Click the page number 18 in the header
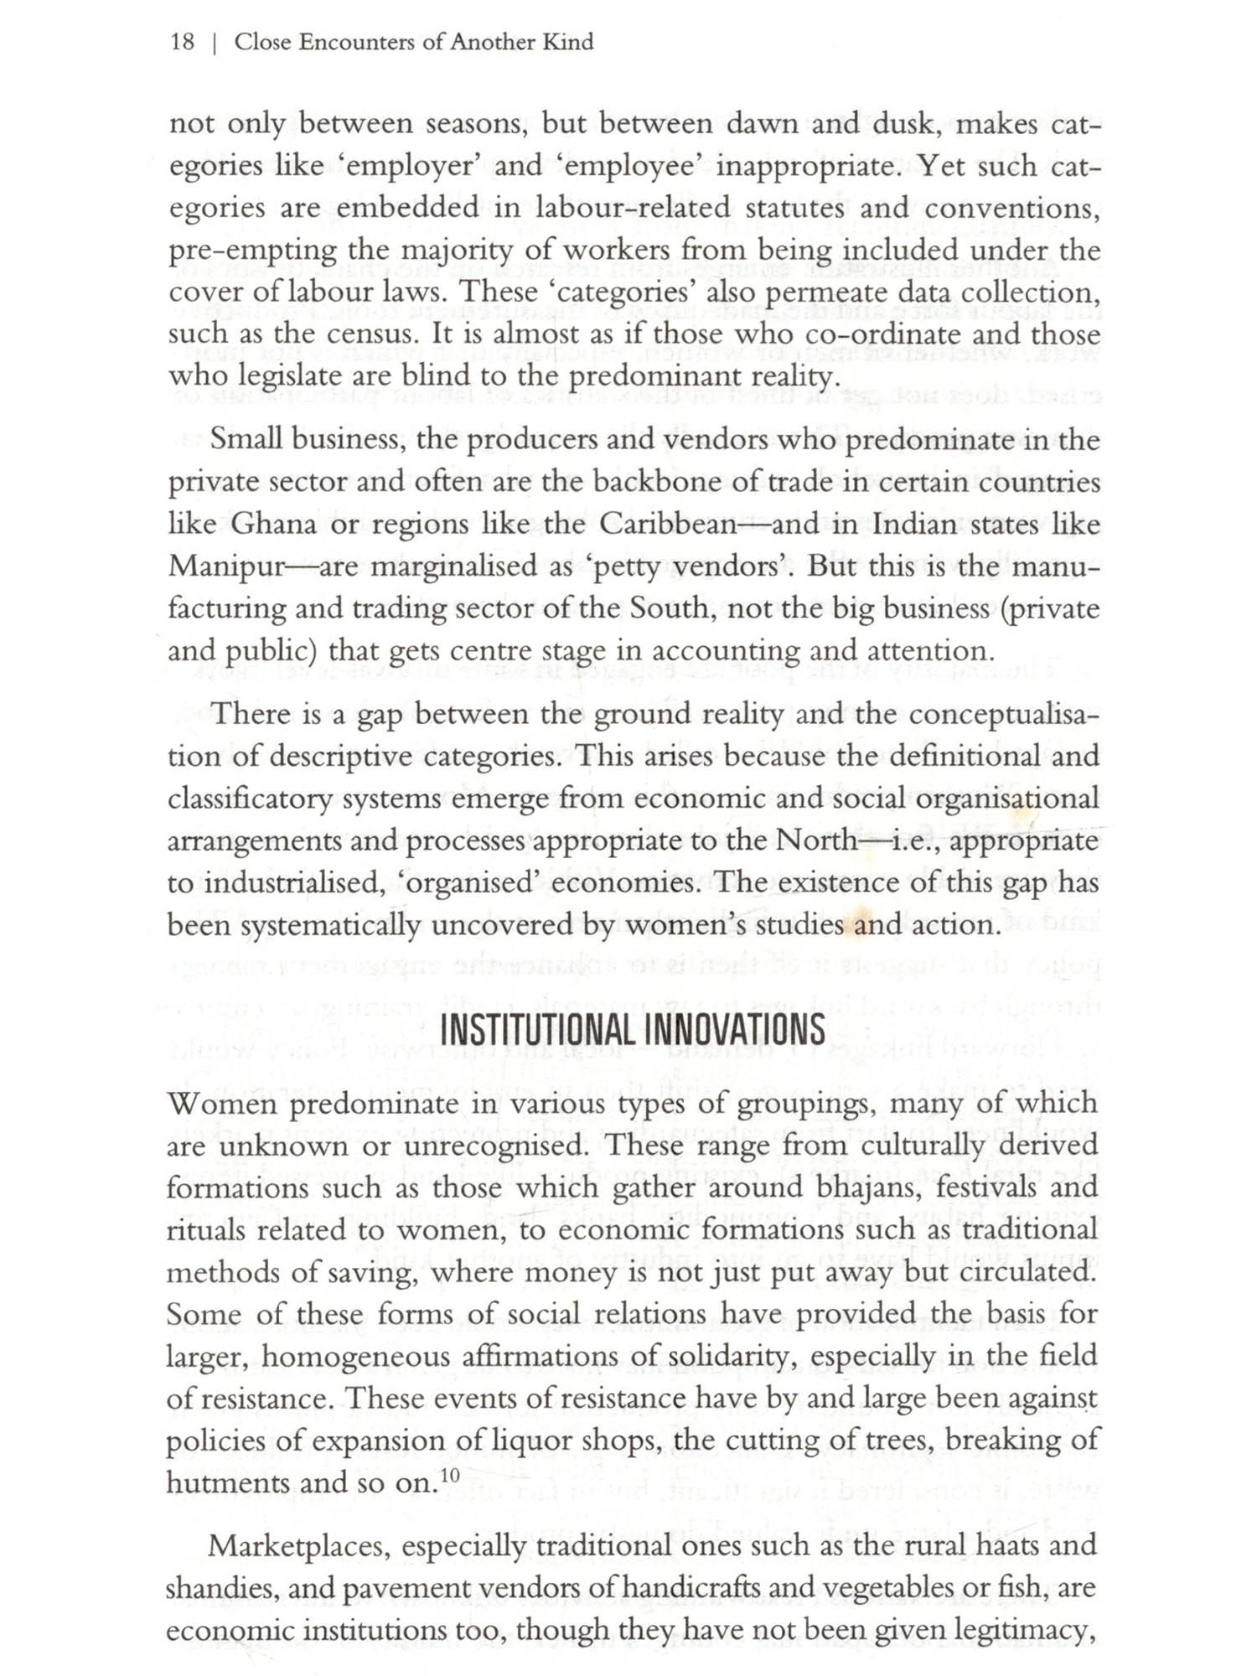click(x=182, y=42)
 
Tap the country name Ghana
click(x=274, y=525)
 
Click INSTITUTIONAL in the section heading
click(x=536, y=1030)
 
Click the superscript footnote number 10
click(x=449, y=1475)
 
